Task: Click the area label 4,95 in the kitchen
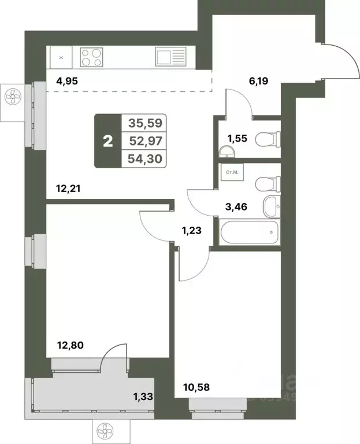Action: coord(66,82)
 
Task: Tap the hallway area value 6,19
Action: coord(259,82)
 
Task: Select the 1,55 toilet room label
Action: coord(237,138)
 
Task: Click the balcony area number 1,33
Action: coord(144,396)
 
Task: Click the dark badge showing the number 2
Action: coord(108,140)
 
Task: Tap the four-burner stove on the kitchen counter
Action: coord(92,57)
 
